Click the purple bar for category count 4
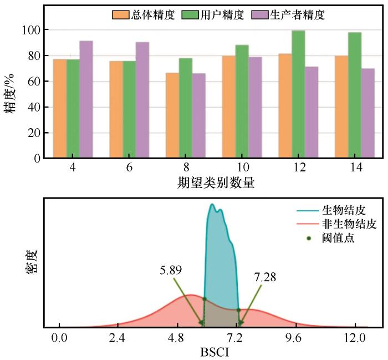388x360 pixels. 86,100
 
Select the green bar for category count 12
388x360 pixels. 298,94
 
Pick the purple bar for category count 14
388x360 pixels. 368,113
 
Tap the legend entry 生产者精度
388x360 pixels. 300,15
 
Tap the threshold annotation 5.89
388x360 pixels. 171,270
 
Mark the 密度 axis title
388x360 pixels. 31,260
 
